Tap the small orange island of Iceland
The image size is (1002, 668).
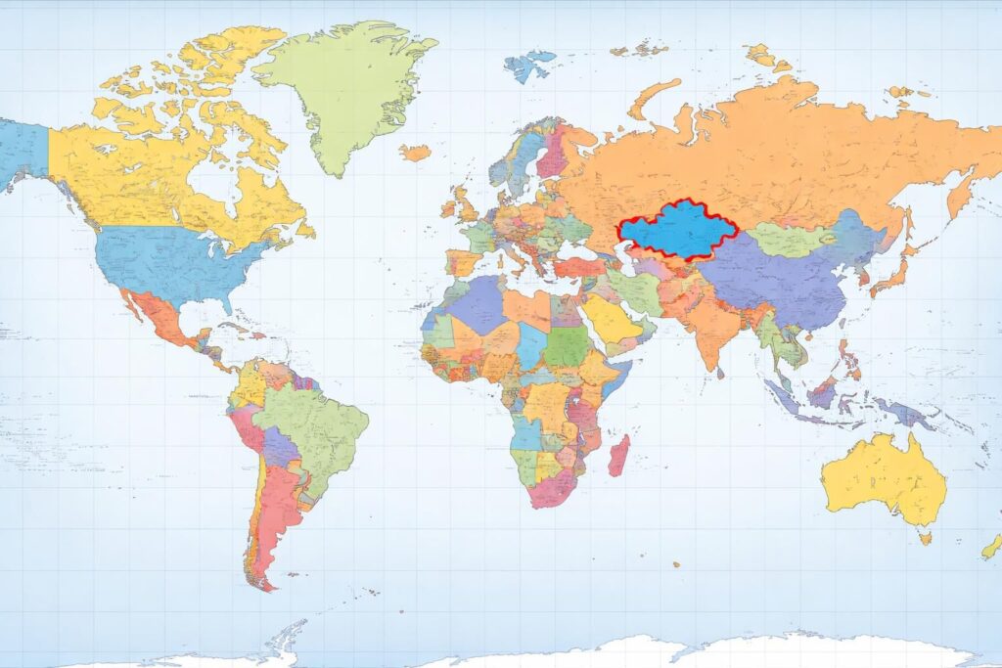point(415,153)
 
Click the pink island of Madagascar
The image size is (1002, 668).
point(617,457)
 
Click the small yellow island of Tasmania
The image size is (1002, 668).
point(925,536)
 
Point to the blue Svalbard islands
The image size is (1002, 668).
point(528,66)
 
